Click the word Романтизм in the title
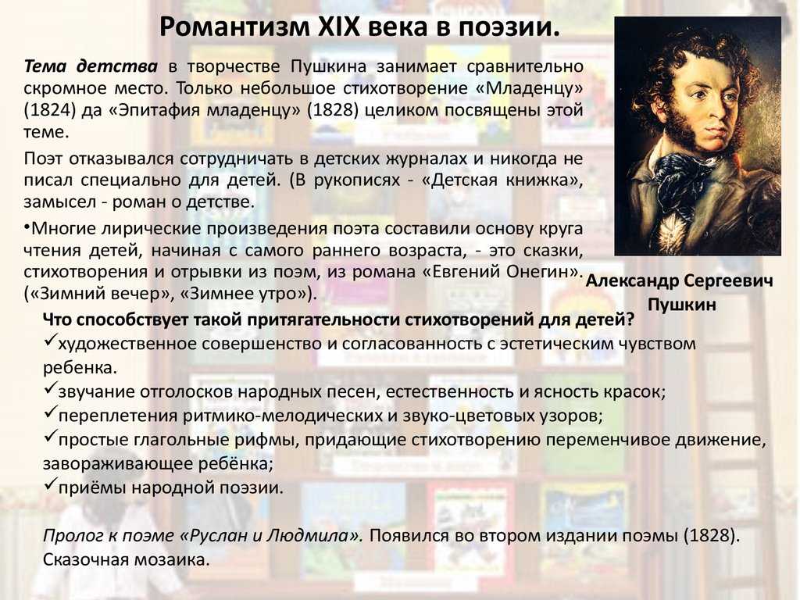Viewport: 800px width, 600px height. tap(234, 27)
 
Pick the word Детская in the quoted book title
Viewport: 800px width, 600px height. tap(466, 180)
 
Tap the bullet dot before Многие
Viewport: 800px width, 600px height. tap(26, 226)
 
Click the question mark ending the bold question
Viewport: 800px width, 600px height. tap(630, 320)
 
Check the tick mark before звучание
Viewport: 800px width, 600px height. tap(49, 389)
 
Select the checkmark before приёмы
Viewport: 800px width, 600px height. tap(49, 484)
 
